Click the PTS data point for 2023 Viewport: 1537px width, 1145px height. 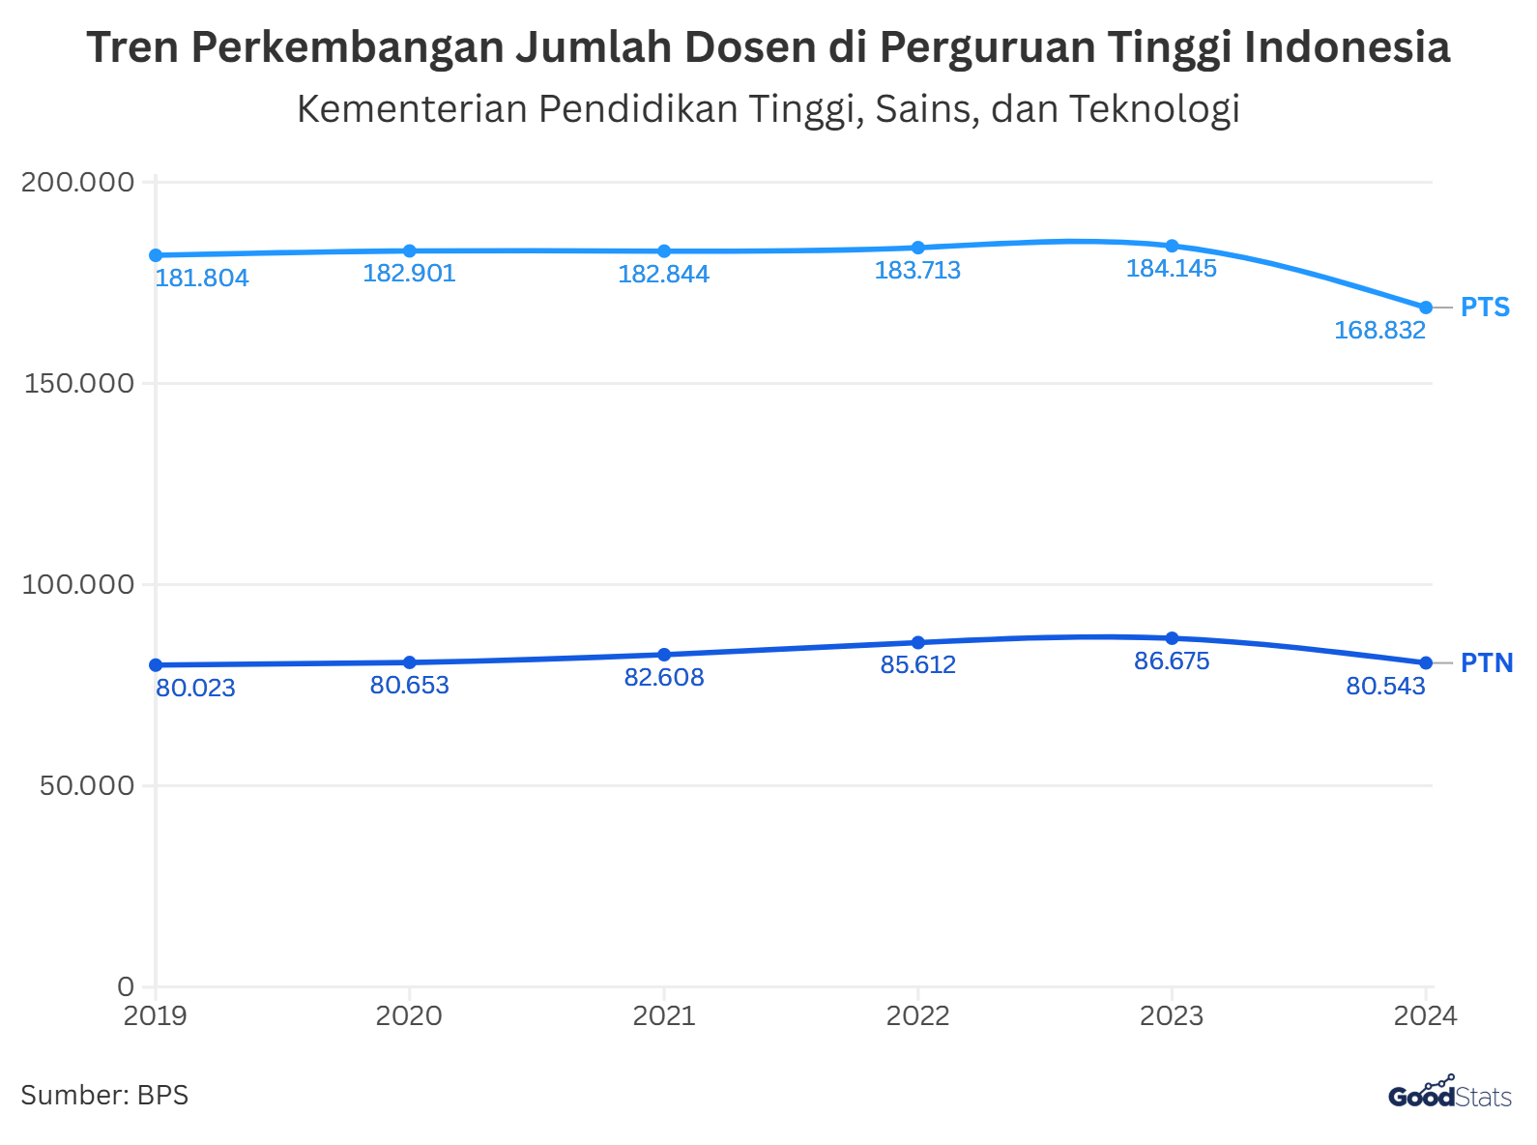point(1172,246)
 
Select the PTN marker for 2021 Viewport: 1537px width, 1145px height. point(664,655)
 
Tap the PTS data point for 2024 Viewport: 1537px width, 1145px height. point(1426,308)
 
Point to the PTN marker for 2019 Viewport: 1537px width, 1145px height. point(156,665)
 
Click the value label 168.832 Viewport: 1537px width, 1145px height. point(1379,331)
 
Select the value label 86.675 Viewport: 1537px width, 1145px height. point(1172,661)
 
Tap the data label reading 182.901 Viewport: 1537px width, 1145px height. point(409,274)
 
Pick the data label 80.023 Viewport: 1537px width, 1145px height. point(195,689)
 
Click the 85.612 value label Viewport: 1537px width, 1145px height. point(917,665)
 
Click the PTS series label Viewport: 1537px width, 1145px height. point(1485,308)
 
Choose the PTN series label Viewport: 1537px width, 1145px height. point(1486,663)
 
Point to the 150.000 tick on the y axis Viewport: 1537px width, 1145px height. point(77,383)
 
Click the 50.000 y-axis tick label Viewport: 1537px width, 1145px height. point(86,785)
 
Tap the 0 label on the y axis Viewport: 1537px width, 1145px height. point(126,986)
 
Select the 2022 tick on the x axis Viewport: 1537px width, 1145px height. point(917,1016)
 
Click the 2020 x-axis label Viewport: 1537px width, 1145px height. point(409,1016)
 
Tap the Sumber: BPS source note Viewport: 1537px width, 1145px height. point(104,1096)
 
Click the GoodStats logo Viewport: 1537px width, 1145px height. point(1449,1094)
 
